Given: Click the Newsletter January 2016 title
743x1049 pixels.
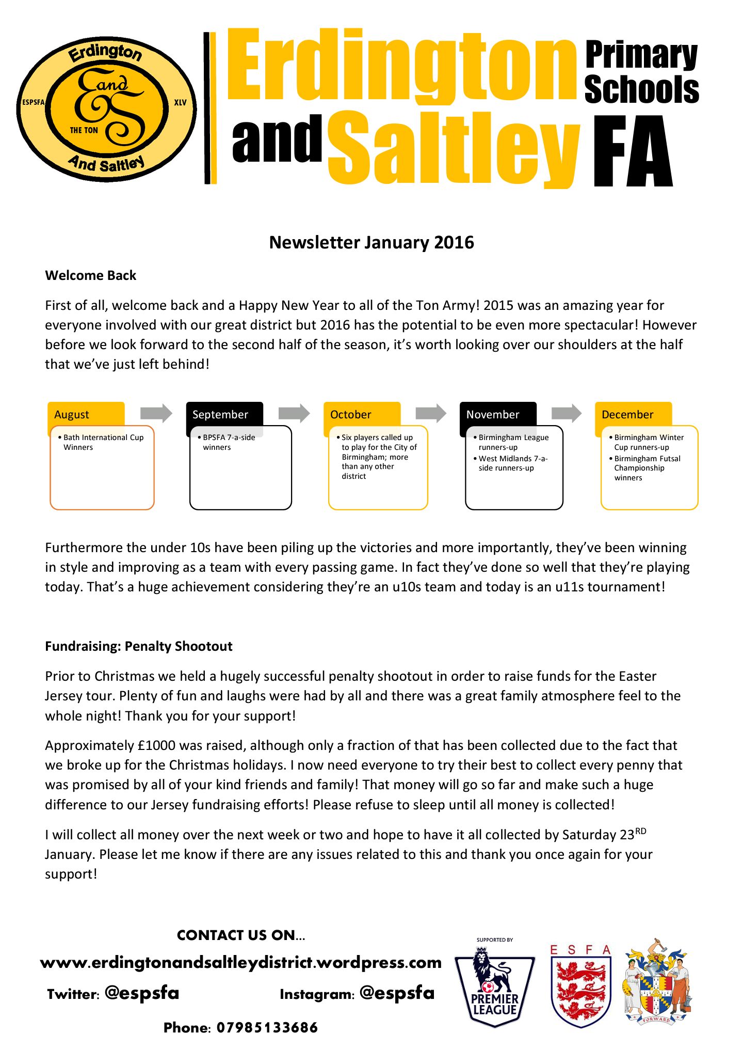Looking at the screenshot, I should point(372,242).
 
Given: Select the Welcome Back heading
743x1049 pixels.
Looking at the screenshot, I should point(90,275).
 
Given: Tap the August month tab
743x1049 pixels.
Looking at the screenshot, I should point(72,414).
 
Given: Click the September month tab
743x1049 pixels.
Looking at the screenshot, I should point(220,414).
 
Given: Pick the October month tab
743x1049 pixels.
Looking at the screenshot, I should point(351,414).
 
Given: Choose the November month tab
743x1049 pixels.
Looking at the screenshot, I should point(493,414).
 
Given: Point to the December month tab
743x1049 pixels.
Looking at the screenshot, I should point(627,414).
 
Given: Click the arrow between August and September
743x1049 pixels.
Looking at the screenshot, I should point(156,413).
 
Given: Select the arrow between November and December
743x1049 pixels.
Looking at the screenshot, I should point(567,413).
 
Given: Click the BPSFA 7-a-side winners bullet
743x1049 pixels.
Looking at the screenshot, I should point(229,442).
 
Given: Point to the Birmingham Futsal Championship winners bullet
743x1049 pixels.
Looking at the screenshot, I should point(647,468).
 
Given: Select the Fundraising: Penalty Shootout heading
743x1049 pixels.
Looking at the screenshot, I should point(139,646).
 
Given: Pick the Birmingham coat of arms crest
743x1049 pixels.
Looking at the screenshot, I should point(657,983).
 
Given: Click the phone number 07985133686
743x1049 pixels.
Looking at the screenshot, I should point(267,1027).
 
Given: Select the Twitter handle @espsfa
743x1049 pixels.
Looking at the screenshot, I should point(142,993).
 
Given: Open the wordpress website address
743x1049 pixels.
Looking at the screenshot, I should point(241,962).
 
